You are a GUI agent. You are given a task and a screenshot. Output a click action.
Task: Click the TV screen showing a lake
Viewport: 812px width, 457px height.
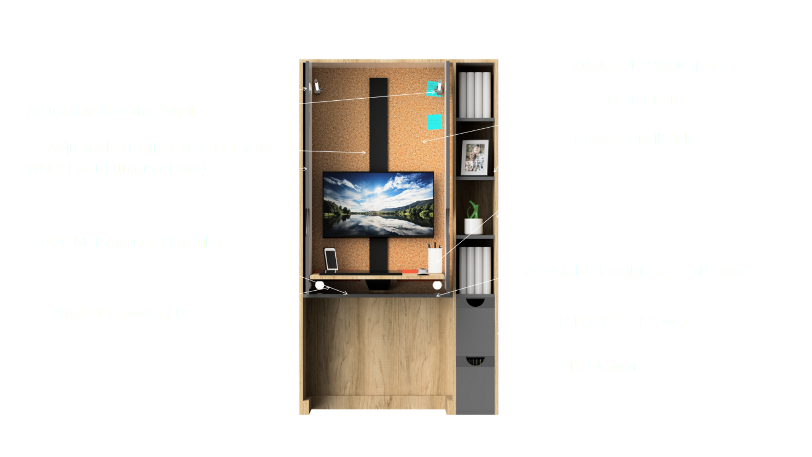(378, 204)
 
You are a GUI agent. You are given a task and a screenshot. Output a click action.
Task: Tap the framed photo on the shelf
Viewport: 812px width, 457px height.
(475, 157)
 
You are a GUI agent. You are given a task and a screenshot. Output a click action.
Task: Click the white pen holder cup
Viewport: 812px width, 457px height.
(435, 260)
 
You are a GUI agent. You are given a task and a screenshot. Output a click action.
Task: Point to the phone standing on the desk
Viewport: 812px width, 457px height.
(331, 259)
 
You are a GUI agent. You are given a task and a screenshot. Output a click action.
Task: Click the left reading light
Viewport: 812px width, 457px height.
(316, 87)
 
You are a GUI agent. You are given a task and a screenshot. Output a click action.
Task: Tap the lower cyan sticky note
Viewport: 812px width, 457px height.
(434, 122)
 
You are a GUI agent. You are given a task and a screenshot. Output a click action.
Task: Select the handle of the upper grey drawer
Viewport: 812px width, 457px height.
(475, 302)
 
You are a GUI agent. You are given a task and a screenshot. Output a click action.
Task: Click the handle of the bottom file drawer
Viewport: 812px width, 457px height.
(475, 361)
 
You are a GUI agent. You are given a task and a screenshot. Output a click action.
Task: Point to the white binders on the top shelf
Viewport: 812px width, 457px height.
(475, 95)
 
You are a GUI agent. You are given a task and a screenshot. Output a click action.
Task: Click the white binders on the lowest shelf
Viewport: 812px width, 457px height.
(475, 270)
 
